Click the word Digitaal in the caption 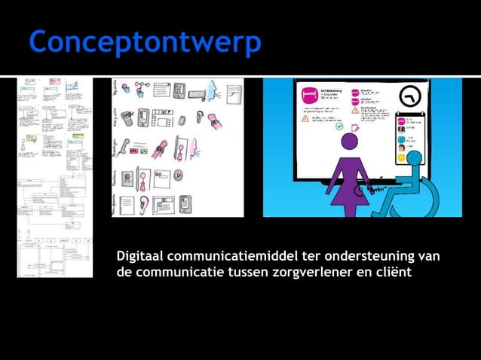(140, 258)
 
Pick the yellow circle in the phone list (402, 159)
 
